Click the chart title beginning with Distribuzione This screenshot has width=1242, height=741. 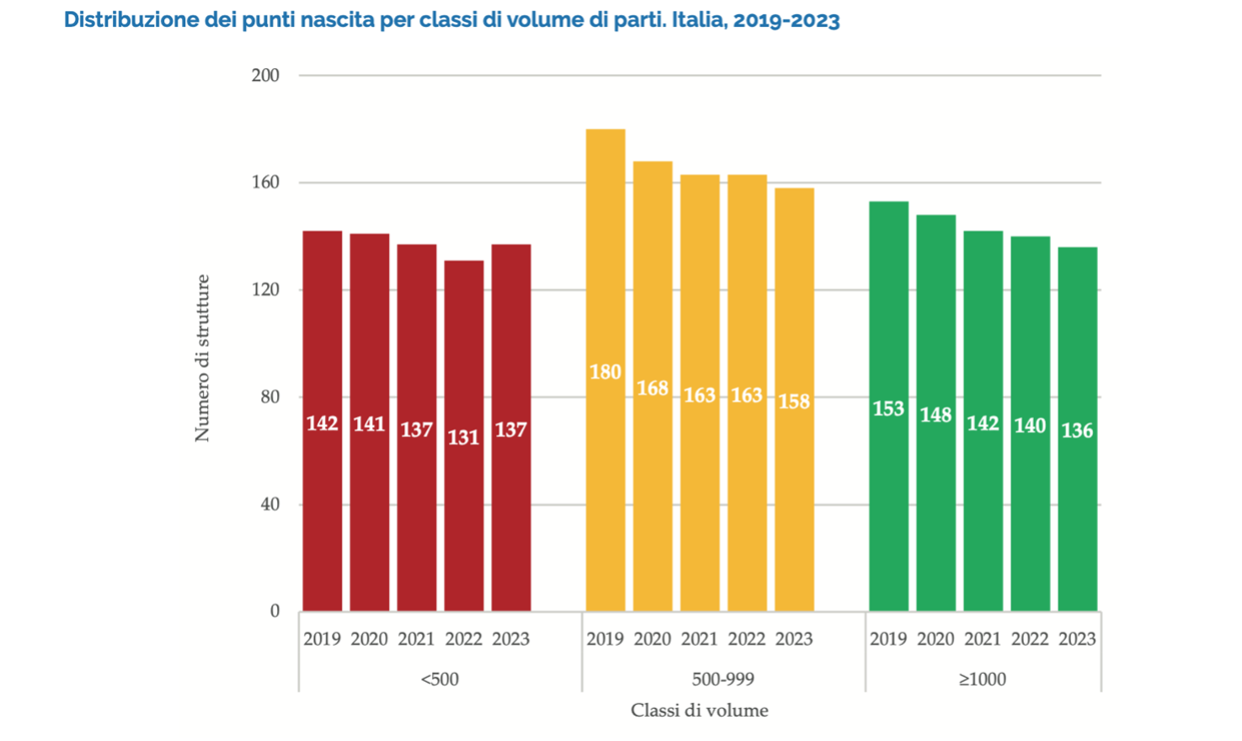[x=451, y=20]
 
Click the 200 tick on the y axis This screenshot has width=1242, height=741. [x=265, y=75]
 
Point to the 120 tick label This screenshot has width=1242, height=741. [x=265, y=290]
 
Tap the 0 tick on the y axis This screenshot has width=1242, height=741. [x=275, y=611]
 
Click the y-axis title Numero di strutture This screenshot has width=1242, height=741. [x=202, y=358]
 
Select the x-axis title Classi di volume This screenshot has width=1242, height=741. [x=700, y=711]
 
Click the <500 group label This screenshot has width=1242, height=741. [x=440, y=679]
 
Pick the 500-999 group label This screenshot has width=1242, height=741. [x=722, y=679]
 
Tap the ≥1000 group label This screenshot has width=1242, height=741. [x=983, y=679]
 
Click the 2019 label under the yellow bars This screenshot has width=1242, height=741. [x=605, y=639]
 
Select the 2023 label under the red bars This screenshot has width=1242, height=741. [x=511, y=639]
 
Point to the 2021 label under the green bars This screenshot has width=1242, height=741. [x=983, y=639]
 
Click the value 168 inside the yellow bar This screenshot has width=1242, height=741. [x=653, y=388]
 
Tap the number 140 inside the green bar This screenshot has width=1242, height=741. [x=1030, y=425]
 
